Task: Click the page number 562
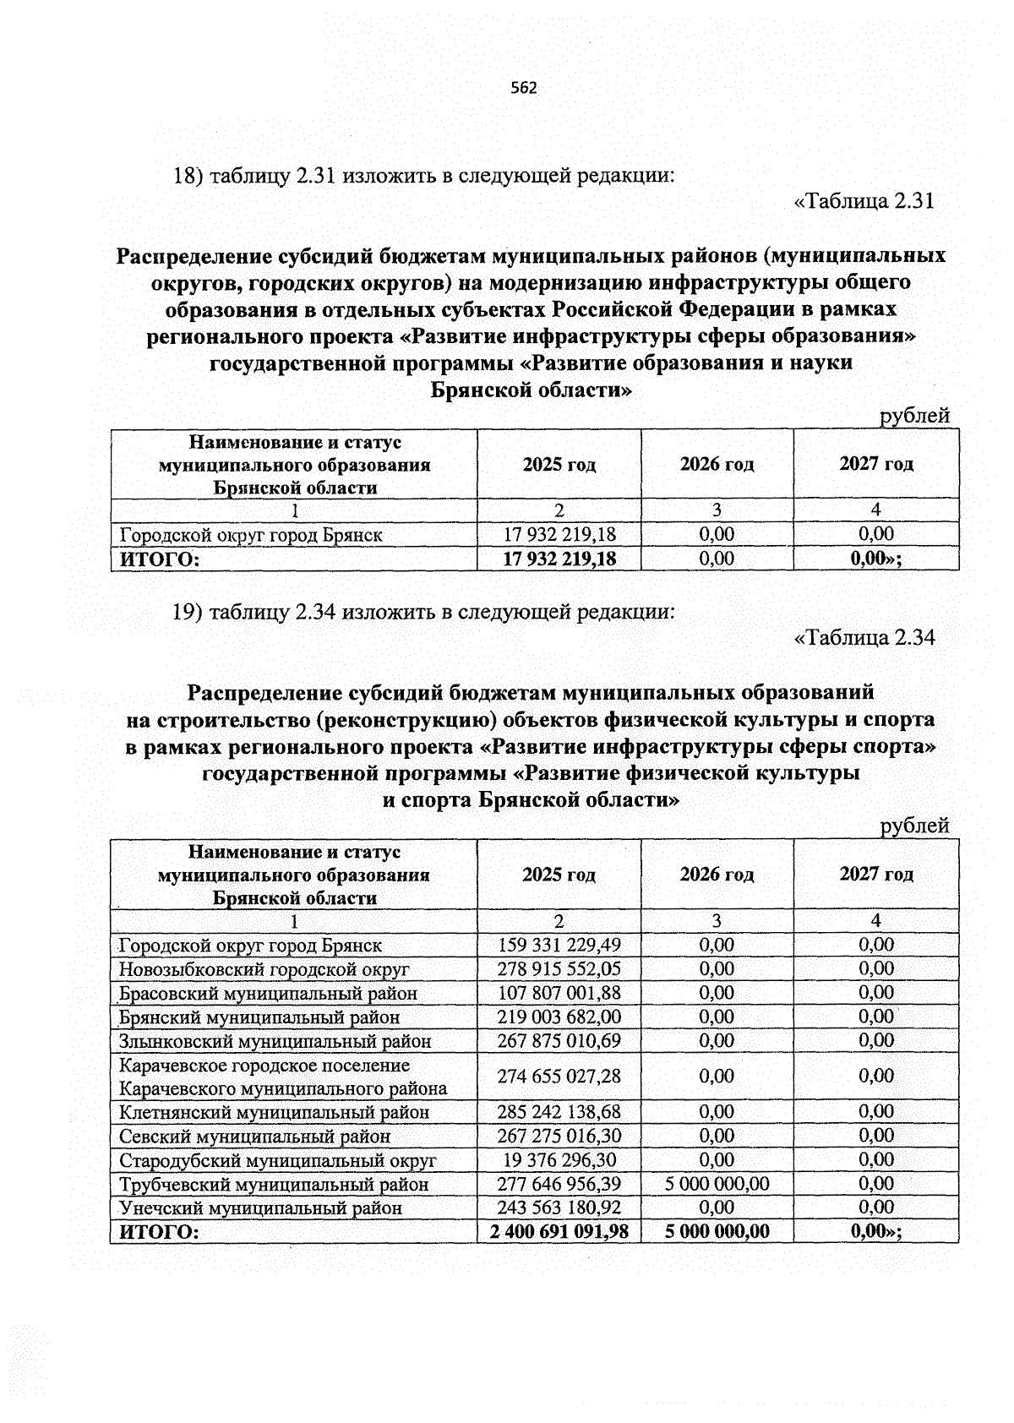pos(524,89)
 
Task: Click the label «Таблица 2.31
pos(864,202)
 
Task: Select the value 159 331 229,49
pos(559,945)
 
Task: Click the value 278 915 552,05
pos(559,969)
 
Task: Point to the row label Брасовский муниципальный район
pos(269,994)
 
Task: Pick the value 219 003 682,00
pos(559,1017)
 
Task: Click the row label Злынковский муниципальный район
pos(275,1041)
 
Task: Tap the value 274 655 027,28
pos(559,1076)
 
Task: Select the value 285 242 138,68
pos(559,1112)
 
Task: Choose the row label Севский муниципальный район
pos(255,1137)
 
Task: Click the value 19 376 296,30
pos(559,1160)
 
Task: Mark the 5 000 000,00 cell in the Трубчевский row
pos(717,1184)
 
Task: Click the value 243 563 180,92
pos(559,1208)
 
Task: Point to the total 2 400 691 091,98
pos(559,1232)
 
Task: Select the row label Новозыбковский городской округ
pos(264,969)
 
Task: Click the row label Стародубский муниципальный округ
pos(278,1160)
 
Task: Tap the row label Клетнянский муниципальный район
pos(275,1112)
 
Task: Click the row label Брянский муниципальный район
pos(260,1017)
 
